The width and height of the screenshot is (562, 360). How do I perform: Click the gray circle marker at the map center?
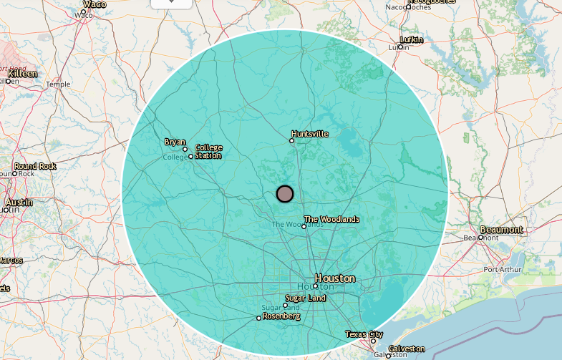[x=285, y=193]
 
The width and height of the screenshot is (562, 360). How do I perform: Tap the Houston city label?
[x=335, y=278]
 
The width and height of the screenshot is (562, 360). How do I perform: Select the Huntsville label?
[x=310, y=134]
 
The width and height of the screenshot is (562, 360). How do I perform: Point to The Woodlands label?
[x=331, y=219]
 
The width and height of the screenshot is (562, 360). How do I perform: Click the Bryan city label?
[x=175, y=142]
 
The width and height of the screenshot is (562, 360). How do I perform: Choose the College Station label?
[x=208, y=152]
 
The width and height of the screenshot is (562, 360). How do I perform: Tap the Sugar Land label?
[x=306, y=298]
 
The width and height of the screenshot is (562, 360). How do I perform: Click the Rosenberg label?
[x=281, y=316]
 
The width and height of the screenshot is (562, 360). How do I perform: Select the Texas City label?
[x=364, y=334]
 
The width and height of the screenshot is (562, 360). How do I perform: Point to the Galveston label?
[x=407, y=349]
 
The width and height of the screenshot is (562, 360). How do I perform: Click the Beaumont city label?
[x=501, y=230]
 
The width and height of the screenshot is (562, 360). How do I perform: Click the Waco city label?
[x=95, y=4]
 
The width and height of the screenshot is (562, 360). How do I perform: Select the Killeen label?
[x=22, y=74]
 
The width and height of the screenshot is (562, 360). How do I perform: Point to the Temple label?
[x=58, y=84]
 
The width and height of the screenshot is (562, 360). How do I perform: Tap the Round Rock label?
[x=35, y=166]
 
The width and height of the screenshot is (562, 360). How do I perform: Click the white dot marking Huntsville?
[x=291, y=140]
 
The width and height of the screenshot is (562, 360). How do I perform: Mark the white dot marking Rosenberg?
[x=258, y=318]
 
